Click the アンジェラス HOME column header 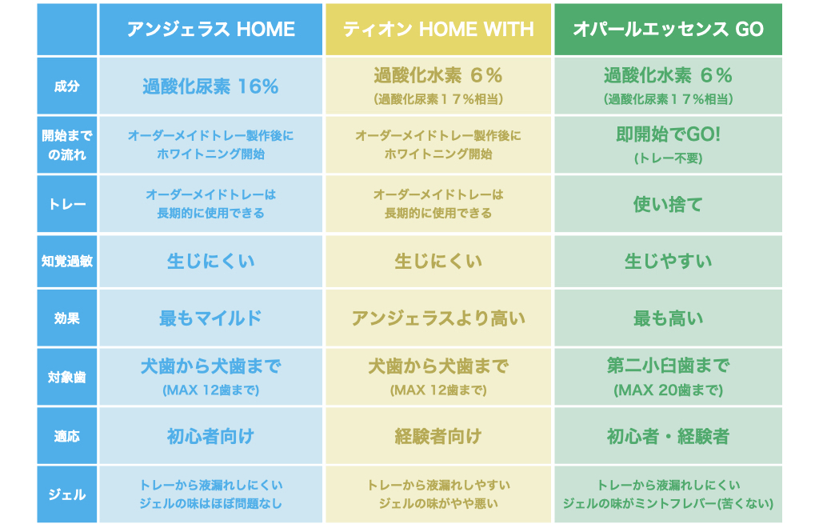pyautogui.click(x=210, y=30)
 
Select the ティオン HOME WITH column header pyautogui.click(x=438, y=30)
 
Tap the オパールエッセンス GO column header pyautogui.click(x=668, y=30)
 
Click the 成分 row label pyautogui.click(x=67, y=86)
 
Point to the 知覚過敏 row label pyautogui.click(x=67, y=261)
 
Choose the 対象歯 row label pyautogui.click(x=67, y=377)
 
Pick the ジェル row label pyautogui.click(x=67, y=494)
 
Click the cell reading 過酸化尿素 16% pyautogui.click(x=210, y=86)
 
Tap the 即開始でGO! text pyautogui.click(x=668, y=134)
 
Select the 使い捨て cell pyautogui.click(x=668, y=204)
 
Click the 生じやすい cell pyautogui.click(x=668, y=261)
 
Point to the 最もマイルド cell pyautogui.click(x=210, y=318)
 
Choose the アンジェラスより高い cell pyautogui.click(x=438, y=318)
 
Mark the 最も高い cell pyautogui.click(x=668, y=318)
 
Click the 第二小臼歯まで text pyautogui.click(x=668, y=366)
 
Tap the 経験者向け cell pyautogui.click(x=438, y=436)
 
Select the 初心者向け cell pyautogui.click(x=210, y=436)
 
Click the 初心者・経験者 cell pyautogui.click(x=668, y=436)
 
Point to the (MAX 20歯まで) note pyautogui.click(x=668, y=390)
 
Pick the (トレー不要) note pyautogui.click(x=668, y=158)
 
